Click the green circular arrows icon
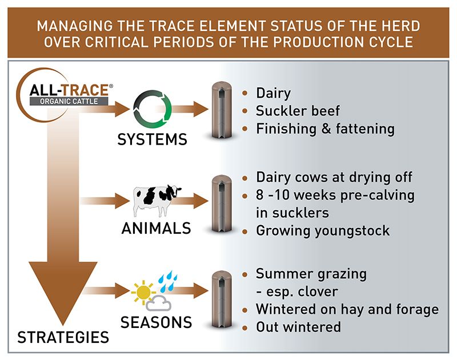click(152, 109)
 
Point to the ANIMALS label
click(156, 229)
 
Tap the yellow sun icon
click(143, 293)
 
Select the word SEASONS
click(156, 322)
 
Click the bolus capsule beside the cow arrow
click(220, 204)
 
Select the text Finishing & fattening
click(325, 129)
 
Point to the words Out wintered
click(298, 327)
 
